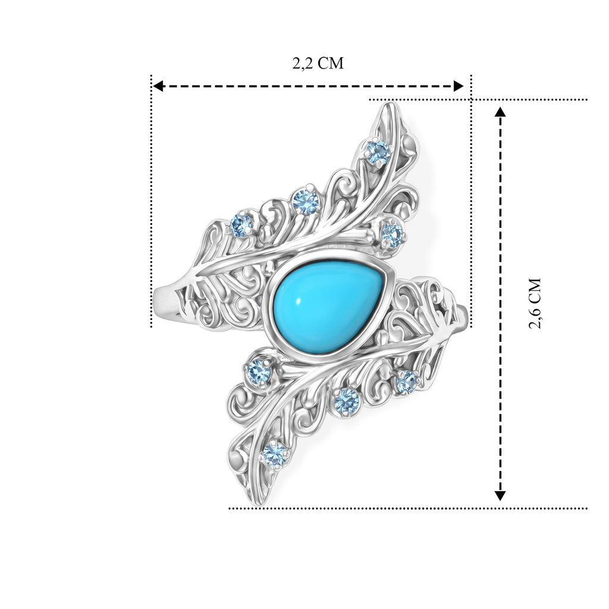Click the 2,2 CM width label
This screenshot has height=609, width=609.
[318, 63]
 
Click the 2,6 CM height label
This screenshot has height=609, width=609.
[535, 303]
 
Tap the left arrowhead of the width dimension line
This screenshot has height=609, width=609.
[157, 86]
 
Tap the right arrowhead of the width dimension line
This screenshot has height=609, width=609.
[459, 86]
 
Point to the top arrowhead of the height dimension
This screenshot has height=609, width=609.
[500, 112]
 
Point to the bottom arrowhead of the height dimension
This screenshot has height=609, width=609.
[500, 495]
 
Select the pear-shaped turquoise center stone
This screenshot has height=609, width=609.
[327, 307]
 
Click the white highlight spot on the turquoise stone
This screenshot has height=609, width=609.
[300, 301]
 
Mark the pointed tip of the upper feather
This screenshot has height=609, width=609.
[390, 103]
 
